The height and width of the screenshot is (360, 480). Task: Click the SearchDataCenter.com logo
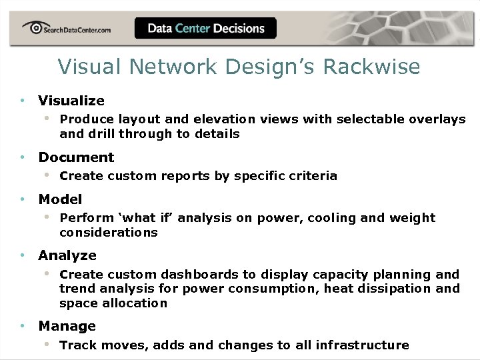[x=66, y=29]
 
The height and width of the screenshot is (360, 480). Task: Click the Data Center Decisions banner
[x=205, y=29]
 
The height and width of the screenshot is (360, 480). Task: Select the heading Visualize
[x=71, y=101]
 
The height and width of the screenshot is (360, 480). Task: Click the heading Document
[x=76, y=157]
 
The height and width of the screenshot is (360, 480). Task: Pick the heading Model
[x=60, y=199]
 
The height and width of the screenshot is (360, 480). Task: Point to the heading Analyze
[x=67, y=255]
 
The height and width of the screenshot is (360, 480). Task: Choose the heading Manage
[x=67, y=326]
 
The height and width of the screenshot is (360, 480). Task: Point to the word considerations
[x=109, y=233]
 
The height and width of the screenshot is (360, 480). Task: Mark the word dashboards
[x=201, y=275]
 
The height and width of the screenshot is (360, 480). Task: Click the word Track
[x=75, y=345]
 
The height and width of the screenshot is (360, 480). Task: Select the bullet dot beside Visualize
[x=22, y=101]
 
